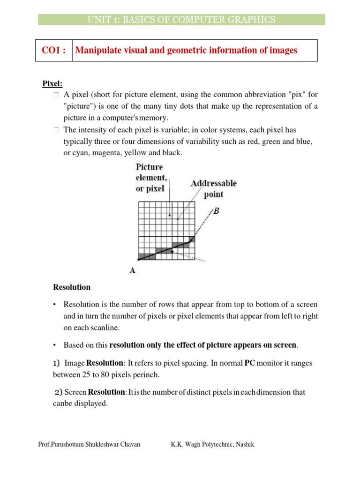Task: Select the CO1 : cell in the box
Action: pyautogui.click(x=54, y=50)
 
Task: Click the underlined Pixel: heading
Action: pyautogui.click(x=52, y=84)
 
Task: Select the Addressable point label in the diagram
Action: pyautogui.click(x=214, y=188)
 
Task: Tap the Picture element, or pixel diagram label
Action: pyautogui.click(x=150, y=178)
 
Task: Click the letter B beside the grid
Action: pyautogui.click(x=216, y=211)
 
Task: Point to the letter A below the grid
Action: pyautogui.click(x=133, y=270)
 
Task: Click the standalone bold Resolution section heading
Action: pyautogui.click(x=72, y=287)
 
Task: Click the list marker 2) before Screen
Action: pyautogui.click(x=58, y=391)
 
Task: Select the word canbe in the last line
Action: pyautogui.click(x=63, y=403)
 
